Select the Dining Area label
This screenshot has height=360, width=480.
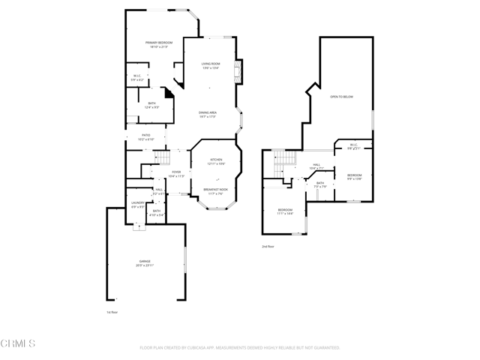pyautogui.click(x=208, y=114)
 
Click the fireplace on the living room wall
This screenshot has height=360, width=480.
pyautogui.click(x=238, y=71)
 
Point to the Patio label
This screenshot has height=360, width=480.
pyautogui.click(x=146, y=137)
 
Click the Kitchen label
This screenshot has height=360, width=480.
pyautogui.click(x=216, y=161)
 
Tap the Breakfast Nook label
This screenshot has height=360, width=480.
pyautogui.click(x=216, y=190)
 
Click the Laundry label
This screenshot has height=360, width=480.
pyautogui.click(x=137, y=204)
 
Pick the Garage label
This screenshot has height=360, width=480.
pyautogui.click(x=144, y=262)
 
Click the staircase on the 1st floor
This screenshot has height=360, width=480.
pyautogui.click(x=158, y=157)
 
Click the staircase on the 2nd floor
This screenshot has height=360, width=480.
pyautogui.click(x=281, y=159)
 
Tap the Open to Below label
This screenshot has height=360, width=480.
pyautogui.click(x=341, y=97)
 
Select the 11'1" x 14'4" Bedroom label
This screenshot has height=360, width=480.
pyautogui.click(x=285, y=211)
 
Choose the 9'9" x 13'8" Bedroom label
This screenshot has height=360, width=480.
pyautogui.click(x=354, y=176)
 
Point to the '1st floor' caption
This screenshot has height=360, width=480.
pyautogui.click(x=112, y=311)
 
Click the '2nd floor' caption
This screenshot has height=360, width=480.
pyautogui.click(x=268, y=246)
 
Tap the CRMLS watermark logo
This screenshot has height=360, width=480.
pyautogui.click(x=18, y=344)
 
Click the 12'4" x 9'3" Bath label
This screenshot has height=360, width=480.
pyautogui.click(x=151, y=105)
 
